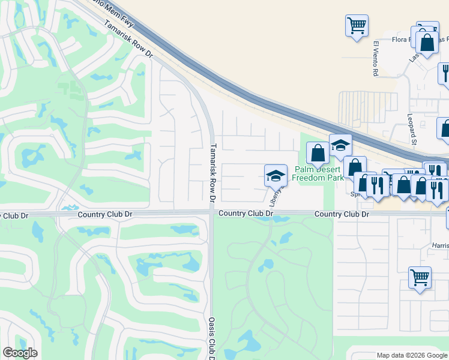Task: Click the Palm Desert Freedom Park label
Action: point(319,174)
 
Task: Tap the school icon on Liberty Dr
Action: point(276,175)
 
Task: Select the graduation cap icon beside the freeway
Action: point(340,146)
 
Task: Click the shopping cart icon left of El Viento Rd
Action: point(357,25)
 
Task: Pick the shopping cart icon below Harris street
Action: point(420,277)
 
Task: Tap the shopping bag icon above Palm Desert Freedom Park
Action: point(318,153)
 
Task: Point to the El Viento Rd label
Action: point(376,59)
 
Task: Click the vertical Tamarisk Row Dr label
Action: point(212,172)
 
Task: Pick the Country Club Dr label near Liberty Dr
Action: point(246,214)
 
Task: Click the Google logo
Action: point(20,353)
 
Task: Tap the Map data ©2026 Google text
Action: point(411,355)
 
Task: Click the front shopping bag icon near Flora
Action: point(427,44)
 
